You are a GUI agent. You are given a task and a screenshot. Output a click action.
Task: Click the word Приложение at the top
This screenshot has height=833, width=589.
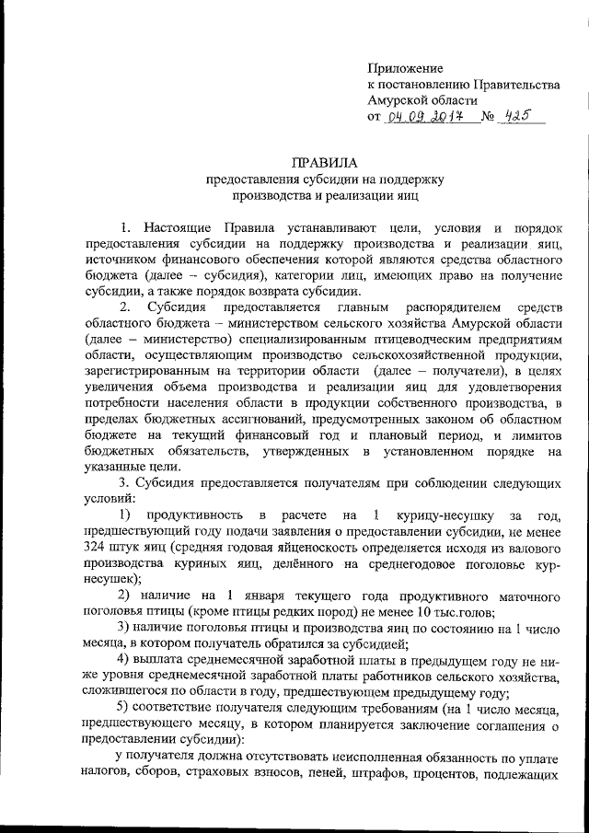[405, 68]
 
